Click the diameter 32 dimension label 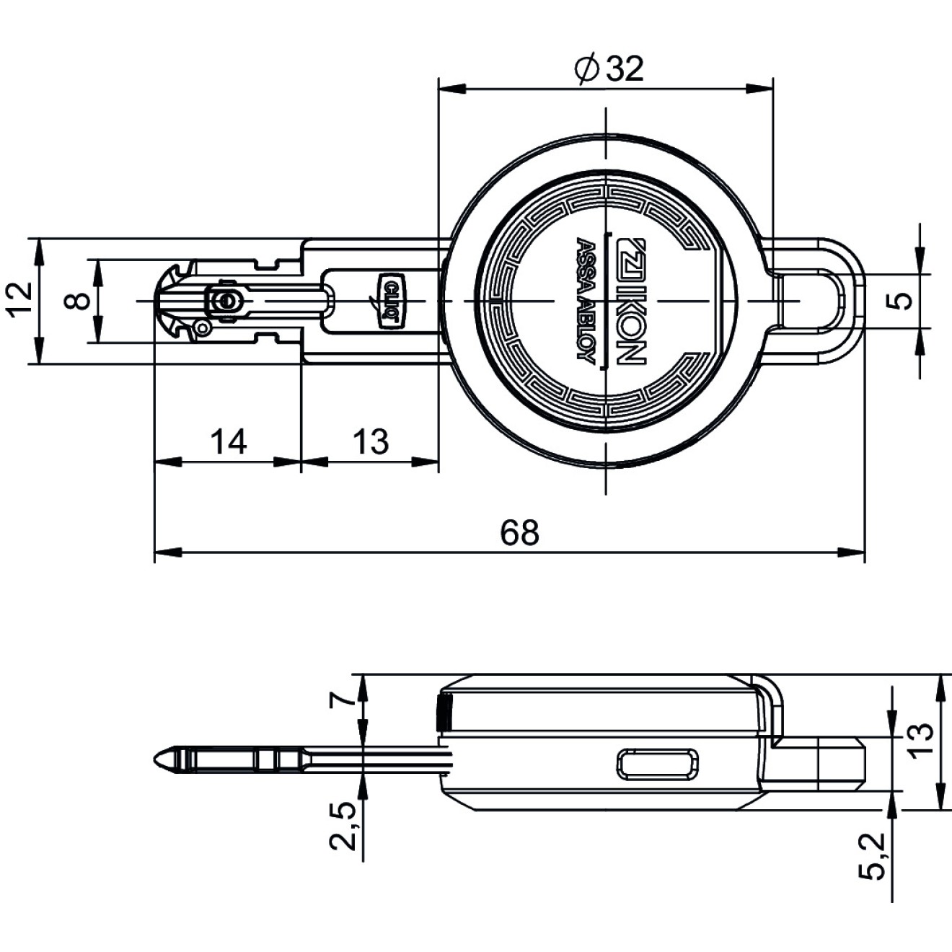click(x=609, y=69)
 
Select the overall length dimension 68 click(x=519, y=532)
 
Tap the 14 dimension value click(x=228, y=441)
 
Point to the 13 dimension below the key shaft click(x=370, y=441)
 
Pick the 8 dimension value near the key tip click(x=78, y=301)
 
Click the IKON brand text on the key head click(x=630, y=302)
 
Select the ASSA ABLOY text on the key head click(x=585, y=301)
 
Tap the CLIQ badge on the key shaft click(x=391, y=301)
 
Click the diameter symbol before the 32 click(x=586, y=70)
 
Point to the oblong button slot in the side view click(x=658, y=764)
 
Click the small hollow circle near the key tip click(x=201, y=327)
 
